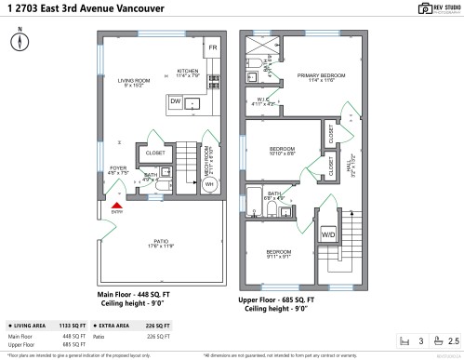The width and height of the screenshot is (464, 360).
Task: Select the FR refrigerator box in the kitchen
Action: coord(212,47)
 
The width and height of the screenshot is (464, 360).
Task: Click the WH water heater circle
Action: coord(209,184)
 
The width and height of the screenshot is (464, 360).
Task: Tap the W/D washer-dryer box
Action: coord(328,233)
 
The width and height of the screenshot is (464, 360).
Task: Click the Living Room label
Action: coord(135,82)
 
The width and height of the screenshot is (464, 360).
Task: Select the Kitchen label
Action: coord(189,71)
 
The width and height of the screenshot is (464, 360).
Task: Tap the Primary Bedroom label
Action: coord(321,76)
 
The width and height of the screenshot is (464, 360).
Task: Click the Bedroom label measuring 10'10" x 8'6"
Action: coord(282,150)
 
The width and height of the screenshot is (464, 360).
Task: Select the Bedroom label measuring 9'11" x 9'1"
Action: coord(279,253)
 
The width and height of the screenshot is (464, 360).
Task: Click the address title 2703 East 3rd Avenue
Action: coord(71,9)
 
